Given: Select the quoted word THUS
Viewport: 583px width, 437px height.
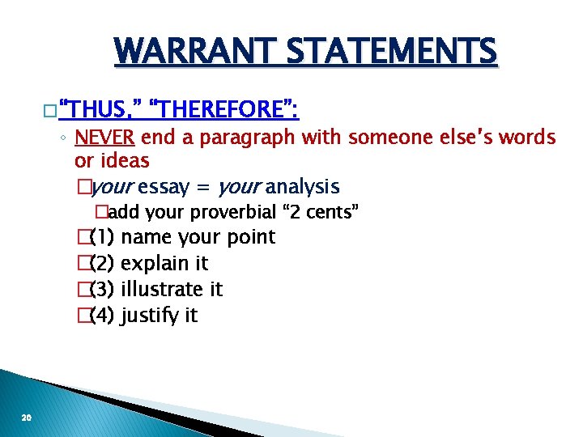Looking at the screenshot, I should pyautogui.click(x=100, y=109).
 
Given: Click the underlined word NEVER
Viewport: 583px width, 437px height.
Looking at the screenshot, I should pyautogui.click(x=104, y=138).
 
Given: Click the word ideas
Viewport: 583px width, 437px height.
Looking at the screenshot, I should pyautogui.click(x=123, y=160).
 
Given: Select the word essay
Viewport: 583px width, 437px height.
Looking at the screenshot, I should pyautogui.click(x=164, y=187).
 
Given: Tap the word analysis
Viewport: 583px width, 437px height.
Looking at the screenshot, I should pyautogui.click(x=302, y=187).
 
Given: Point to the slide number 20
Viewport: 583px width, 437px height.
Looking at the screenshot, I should pyautogui.click(x=27, y=418).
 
